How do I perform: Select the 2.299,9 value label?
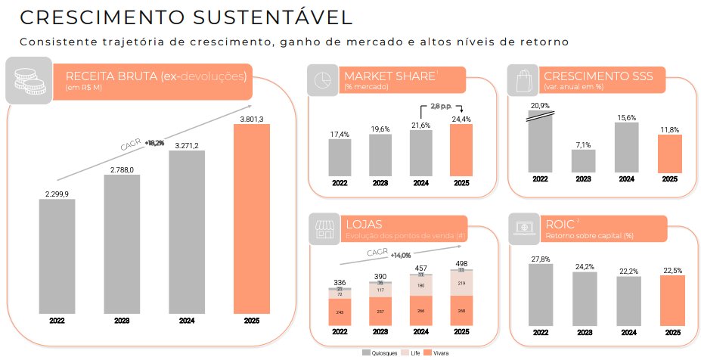coord(57,194)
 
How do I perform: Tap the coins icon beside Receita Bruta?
coord(29,80)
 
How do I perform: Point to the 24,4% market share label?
coord(461,119)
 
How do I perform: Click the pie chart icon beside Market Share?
coord(322,80)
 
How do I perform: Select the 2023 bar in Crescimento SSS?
coord(583,161)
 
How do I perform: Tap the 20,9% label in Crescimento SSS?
coord(540,105)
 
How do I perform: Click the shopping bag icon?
coord(522,80)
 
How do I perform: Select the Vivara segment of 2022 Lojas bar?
coord(340,312)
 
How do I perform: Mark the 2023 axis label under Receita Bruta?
coord(121,321)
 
